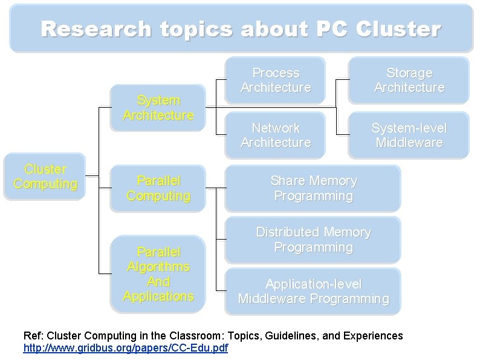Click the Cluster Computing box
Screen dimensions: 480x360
(x=45, y=177)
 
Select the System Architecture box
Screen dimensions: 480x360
(x=158, y=108)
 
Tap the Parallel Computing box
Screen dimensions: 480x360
(x=158, y=188)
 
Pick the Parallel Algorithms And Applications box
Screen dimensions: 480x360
(x=158, y=274)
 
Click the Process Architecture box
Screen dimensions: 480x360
(x=275, y=80)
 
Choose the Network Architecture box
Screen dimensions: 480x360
(x=275, y=135)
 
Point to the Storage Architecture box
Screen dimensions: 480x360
(x=409, y=80)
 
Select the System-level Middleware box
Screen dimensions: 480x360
(x=409, y=135)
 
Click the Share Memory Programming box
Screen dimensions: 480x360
(x=313, y=188)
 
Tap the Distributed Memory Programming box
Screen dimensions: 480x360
(x=313, y=240)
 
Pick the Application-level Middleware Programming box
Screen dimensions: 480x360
(x=313, y=292)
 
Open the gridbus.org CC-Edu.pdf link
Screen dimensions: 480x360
(x=126, y=348)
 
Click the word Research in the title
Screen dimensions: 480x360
(x=96, y=29)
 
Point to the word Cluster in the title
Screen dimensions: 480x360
(x=398, y=29)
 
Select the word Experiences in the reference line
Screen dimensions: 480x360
(x=373, y=336)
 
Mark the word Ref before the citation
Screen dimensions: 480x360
(x=32, y=336)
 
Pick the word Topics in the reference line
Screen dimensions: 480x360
(x=245, y=336)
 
